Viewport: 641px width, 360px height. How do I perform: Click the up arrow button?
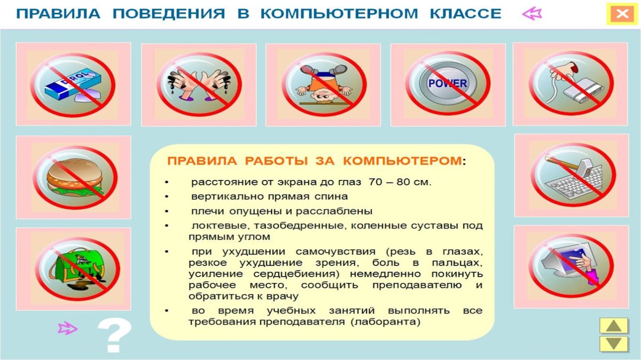[614, 326]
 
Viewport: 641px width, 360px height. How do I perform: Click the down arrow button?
[614, 343]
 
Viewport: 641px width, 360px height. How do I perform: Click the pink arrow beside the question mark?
[67, 328]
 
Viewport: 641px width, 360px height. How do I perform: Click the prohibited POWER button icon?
[448, 84]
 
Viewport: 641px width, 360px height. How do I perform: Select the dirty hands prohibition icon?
[199, 84]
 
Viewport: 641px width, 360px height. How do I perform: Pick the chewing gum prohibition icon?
[73, 84]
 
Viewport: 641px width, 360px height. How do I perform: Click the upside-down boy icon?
[323, 84]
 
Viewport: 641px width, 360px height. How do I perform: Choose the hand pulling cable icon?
[570, 84]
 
